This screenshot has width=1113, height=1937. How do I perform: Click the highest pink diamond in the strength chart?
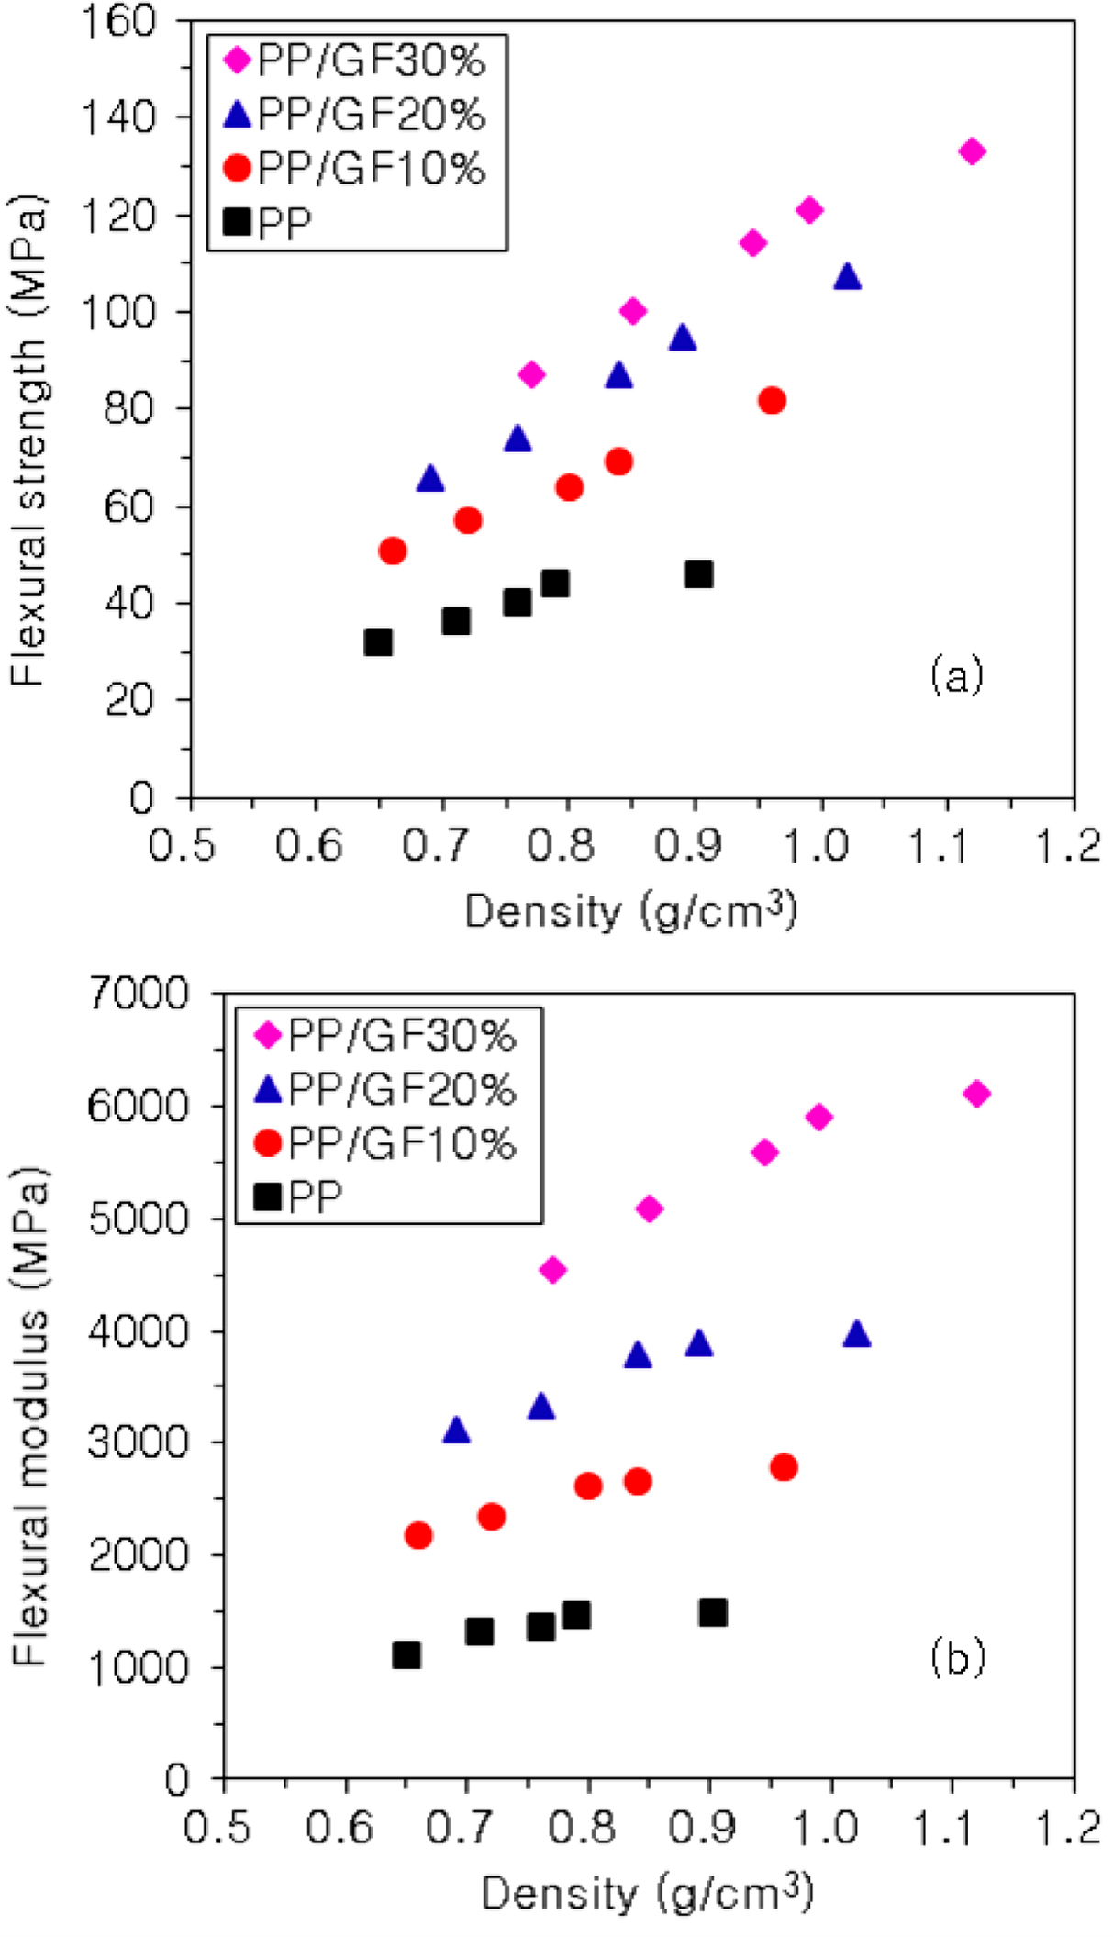pos(972,151)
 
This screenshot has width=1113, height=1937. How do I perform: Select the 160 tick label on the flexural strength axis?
pos(118,20)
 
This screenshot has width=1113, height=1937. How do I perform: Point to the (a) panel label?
pos(956,675)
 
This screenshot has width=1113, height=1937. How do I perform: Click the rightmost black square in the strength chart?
pos(699,574)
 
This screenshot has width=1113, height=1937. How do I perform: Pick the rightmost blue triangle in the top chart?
pos(848,276)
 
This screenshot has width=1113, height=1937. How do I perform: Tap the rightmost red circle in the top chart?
pos(772,401)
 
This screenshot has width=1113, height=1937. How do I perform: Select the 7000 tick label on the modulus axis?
pos(139,994)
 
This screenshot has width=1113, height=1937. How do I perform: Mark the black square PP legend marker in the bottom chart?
pos(268,1197)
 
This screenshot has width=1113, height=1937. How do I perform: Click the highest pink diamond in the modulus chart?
pos(977,1094)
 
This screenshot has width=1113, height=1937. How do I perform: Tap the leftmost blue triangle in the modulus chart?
pos(456,1430)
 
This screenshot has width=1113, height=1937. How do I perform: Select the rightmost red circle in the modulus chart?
pos(784,1467)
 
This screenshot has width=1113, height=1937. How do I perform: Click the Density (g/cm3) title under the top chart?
pos(630,911)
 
